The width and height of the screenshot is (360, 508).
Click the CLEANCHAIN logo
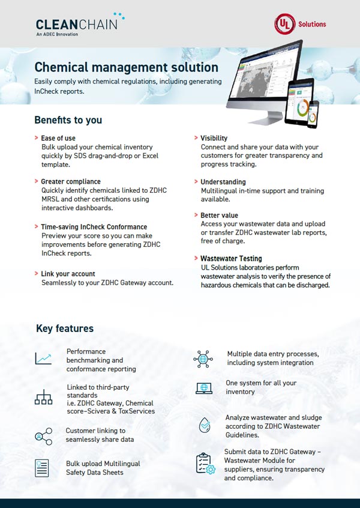click(x=80, y=25)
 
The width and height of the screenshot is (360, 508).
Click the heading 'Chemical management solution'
click(x=126, y=67)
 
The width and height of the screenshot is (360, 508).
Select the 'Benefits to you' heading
click(x=68, y=120)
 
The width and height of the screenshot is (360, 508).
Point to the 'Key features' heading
click(x=65, y=328)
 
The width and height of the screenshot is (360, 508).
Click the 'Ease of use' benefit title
click(x=58, y=138)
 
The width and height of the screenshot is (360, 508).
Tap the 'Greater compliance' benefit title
click(x=71, y=181)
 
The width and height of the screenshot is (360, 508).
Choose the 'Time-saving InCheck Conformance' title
click(x=94, y=227)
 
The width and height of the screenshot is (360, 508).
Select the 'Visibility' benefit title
click(x=214, y=138)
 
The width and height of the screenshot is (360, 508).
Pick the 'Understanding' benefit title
click(x=223, y=181)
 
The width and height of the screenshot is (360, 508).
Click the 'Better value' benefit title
click(x=219, y=215)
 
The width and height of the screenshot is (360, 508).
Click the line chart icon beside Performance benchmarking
click(x=43, y=359)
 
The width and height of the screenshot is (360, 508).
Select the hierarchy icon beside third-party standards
click(x=43, y=397)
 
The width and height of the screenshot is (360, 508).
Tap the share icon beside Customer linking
click(x=43, y=436)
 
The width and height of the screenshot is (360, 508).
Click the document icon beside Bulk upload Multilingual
click(x=42, y=468)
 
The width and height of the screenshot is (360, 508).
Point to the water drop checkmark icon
click(x=204, y=425)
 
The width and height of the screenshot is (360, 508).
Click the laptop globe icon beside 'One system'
click(x=204, y=388)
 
